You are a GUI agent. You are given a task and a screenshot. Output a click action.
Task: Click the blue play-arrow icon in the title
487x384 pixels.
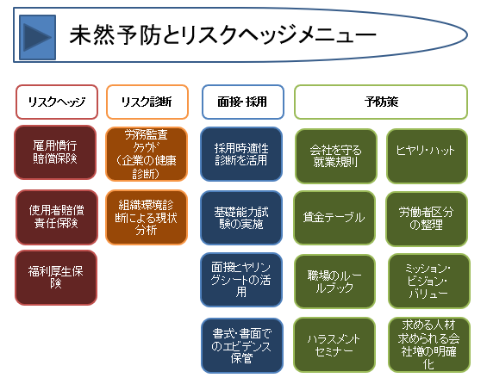pos(38,37)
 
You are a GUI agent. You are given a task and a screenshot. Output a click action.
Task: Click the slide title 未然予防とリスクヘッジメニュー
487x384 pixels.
pos(222,35)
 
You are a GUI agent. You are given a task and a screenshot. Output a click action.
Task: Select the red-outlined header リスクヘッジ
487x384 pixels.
pos(57,102)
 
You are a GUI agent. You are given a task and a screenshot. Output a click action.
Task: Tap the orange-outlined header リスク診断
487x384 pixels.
pos(147,102)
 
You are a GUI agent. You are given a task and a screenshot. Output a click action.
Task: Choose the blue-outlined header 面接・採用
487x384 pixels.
pos(243,102)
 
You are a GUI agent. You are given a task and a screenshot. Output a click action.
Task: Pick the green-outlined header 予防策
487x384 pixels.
pos(381,102)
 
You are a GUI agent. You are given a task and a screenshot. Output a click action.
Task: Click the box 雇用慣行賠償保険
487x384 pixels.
pos(55,152)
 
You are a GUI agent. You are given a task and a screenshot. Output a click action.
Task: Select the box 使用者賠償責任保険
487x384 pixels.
pos(57,217)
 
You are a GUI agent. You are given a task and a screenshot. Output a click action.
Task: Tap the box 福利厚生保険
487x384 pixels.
pos(56,277)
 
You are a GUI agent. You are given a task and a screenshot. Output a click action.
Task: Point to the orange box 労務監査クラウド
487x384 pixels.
pos(147,154)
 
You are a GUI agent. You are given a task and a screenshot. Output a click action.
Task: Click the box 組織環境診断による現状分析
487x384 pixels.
pos(147,218)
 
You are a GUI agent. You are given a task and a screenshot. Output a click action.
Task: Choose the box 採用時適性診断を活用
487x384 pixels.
pos(241,154)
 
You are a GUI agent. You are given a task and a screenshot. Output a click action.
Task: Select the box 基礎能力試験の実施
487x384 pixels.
pos(241,218)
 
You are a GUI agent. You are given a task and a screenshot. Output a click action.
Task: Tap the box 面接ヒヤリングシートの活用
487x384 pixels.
pos(241,280)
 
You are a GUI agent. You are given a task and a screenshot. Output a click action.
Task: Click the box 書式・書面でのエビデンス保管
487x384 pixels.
pos(242,345)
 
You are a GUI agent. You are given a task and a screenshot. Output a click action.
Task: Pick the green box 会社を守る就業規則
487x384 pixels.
pos(336,156)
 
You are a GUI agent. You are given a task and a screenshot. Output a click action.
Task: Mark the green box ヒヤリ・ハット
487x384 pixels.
pos(427,156)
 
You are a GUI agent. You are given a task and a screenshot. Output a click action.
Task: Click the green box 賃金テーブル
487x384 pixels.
pos(334,218)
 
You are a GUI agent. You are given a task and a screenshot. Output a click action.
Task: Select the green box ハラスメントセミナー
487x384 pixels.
pos(334,344)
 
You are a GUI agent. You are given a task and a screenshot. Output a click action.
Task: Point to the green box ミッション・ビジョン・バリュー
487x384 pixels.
pos(429,281)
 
